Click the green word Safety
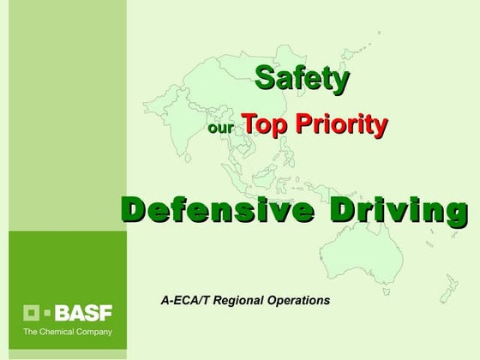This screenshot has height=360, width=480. pyautogui.click(x=303, y=80)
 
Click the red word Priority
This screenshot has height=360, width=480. pyautogui.click(x=341, y=125)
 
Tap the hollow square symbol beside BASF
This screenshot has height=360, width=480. pyautogui.click(x=31, y=313)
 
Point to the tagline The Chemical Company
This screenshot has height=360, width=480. pyautogui.click(x=67, y=331)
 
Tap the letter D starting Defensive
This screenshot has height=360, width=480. pyautogui.click(x=134, y=209)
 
